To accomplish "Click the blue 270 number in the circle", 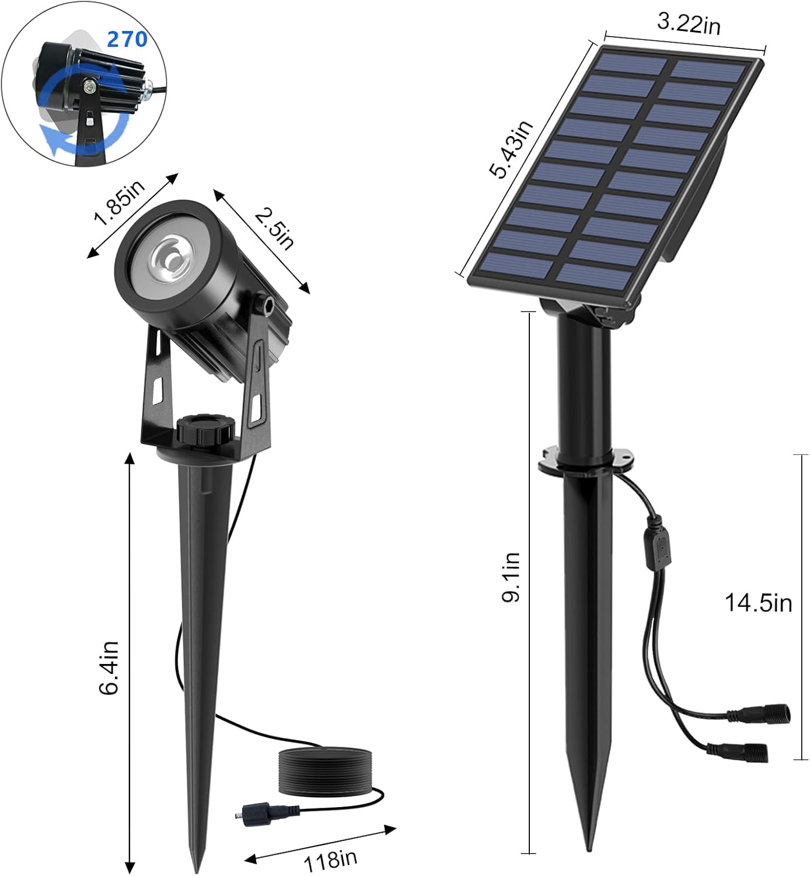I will coord(127,39).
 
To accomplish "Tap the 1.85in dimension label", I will coord(120,203).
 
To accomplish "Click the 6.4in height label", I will coord(109,668).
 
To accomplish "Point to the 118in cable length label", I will coord(330,859).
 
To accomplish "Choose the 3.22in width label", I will coord(689,23).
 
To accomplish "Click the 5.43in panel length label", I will coord(511,150).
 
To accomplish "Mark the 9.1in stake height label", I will coord(512,577).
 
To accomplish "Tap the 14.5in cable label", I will coord(758,602).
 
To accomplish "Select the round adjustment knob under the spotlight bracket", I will coord(205,429).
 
